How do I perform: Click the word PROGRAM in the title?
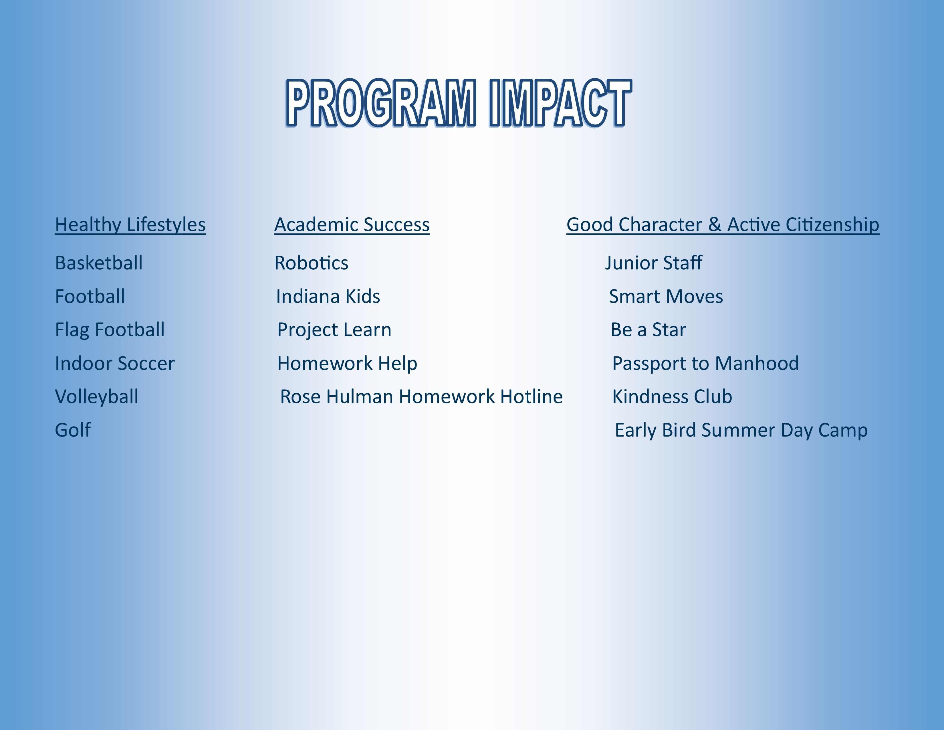[x=381, y=103]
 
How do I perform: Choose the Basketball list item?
[x=99, y=263]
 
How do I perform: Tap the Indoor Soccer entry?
[x=114, y=363]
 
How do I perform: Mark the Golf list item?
[x=73, y=430]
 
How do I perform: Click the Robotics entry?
[x=311, y=263]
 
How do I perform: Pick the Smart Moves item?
[x=666, y=297]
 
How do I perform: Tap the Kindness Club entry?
[x=672, y=396]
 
